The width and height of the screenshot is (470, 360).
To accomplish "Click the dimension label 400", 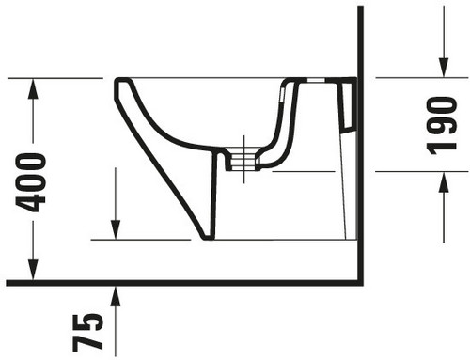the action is [x=31, y=182].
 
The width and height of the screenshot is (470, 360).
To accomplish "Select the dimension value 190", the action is [x=442, y=126].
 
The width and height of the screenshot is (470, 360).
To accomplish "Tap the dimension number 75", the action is [x=87, y=332].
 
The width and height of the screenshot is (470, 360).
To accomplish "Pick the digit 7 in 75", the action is [x=87, y=342].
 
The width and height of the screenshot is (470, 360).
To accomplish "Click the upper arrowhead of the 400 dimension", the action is [x=33, y=88].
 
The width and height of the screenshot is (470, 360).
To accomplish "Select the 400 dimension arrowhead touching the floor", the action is [x=33, y=270].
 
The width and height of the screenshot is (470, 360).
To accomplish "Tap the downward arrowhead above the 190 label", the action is [x=443, y=67].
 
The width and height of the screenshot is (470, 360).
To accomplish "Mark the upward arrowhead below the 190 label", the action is [x=443, y=182].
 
